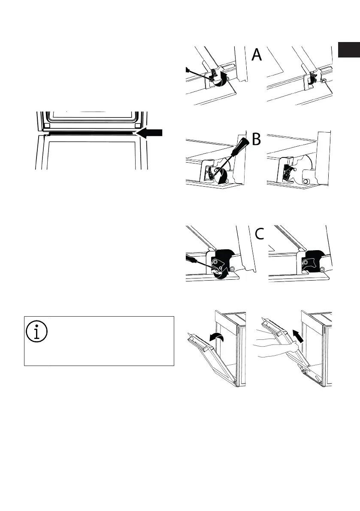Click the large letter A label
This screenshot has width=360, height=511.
click(256, 55)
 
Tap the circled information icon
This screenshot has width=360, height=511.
click(37, 333)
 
